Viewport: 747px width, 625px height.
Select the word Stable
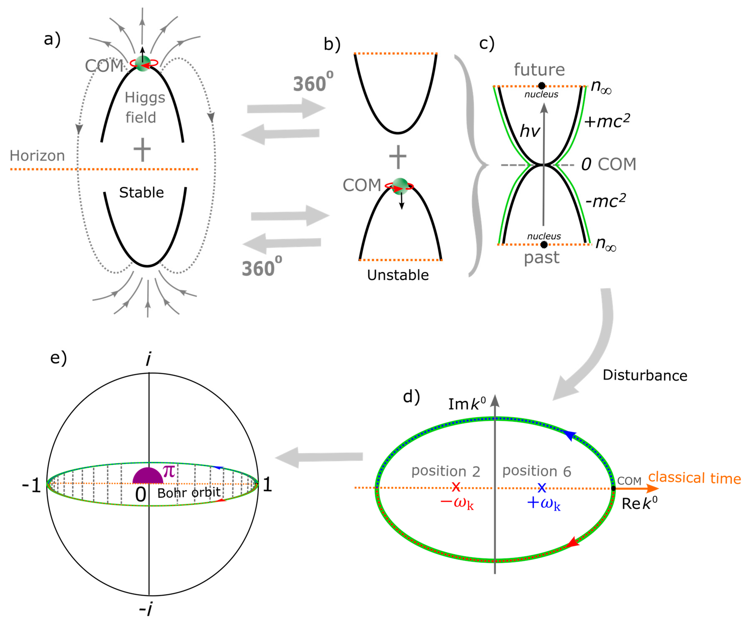point(141,192)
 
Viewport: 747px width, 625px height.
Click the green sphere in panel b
point(400,186)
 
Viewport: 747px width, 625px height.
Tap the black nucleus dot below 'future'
point(541,85)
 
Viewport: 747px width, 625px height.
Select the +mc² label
point(607,121)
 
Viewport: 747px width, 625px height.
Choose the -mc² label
point(605,201)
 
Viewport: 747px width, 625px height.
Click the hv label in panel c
point(530,131)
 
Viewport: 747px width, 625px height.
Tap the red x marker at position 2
point(456,487)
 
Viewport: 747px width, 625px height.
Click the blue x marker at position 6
point(542,487)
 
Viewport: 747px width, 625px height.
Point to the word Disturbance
point(645,376)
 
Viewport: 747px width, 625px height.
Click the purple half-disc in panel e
point(148,477)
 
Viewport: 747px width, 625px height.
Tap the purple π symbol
point(169,471)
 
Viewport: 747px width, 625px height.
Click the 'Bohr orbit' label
point(189,493)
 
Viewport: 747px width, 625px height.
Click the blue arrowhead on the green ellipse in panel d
point(570,435)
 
